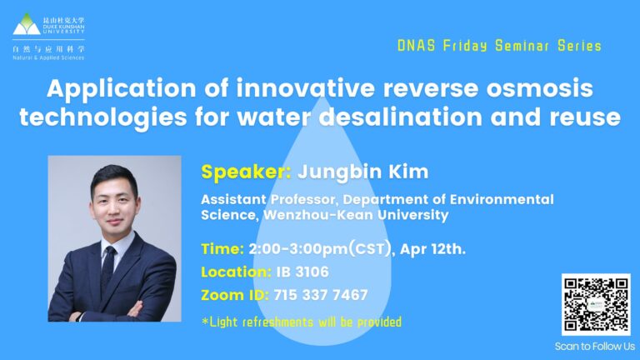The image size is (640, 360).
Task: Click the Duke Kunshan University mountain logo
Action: [x=27, y=23]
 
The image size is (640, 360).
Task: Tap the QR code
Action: [x=596, y=304]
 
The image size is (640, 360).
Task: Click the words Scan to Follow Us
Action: [x=595, y=347]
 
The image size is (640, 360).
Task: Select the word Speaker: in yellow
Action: [x=246, y=172]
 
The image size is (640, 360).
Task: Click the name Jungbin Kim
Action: [x=362, y=172]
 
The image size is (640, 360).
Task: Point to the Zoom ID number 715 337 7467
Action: [x=321, y=295]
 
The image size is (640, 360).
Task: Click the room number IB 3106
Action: [x=302, y=272]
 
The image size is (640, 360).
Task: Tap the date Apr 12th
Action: [x=432, y=249]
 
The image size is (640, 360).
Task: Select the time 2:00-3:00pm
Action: [x=298, y=249]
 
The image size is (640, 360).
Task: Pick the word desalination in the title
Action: [x=401, y=117]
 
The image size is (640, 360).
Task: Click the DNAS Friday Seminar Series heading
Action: [x=500, y=46]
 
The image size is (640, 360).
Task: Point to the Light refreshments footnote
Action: [x=302, y=322]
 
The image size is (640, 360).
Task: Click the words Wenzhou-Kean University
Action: [x=356, y=215]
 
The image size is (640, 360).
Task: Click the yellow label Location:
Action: [x=236, y=272]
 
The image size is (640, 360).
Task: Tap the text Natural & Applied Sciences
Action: [x=48, y=58]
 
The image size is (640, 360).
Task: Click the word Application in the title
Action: [x=122, y=89]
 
